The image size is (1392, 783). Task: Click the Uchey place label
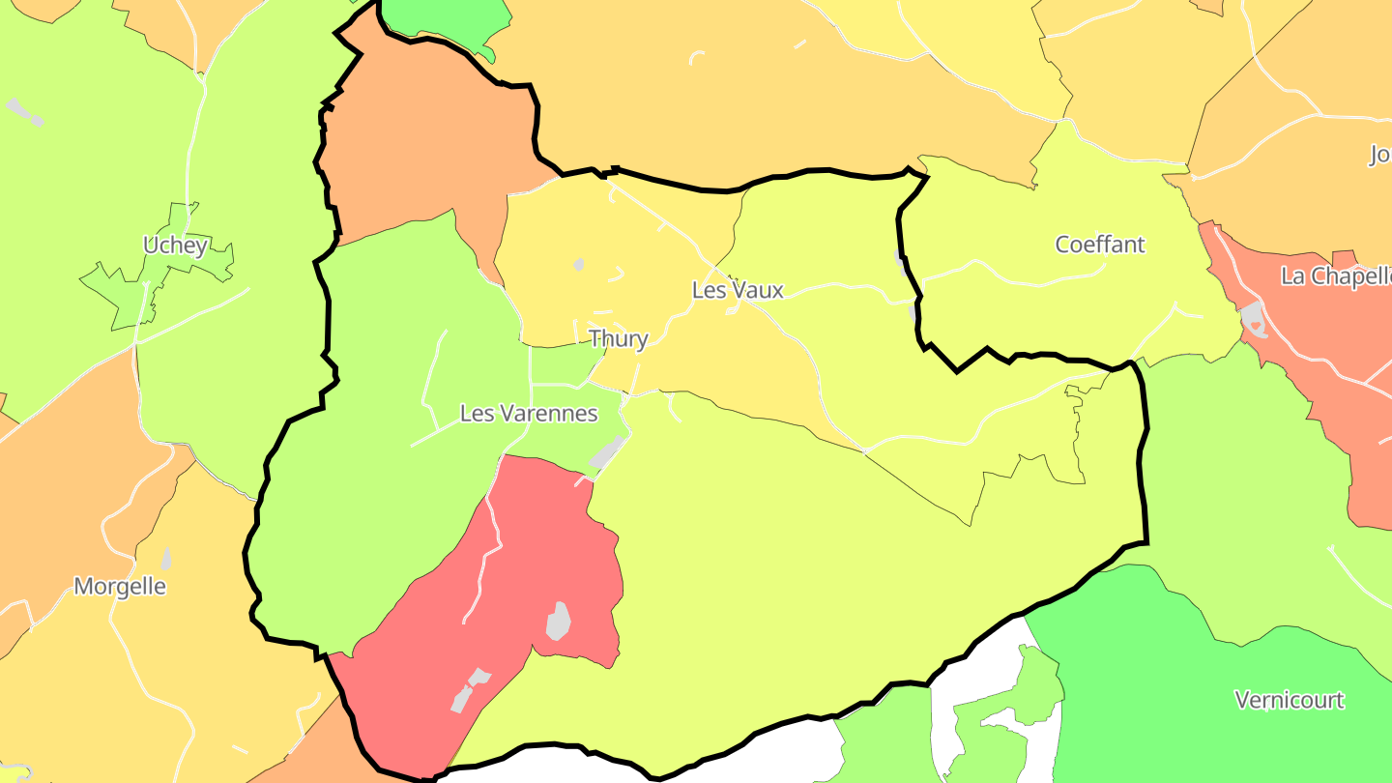coord(175,246)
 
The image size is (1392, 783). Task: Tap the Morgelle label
coord(120,587)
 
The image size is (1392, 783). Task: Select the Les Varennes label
coord(529,414)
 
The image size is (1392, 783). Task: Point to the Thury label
coord(619,338)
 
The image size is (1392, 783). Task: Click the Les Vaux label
coord(738,290)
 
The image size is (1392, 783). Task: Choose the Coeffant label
coord(1100,245)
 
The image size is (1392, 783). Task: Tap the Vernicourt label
coord(1290,700)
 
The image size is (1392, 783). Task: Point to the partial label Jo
coord(1379,155)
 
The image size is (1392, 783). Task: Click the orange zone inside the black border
coord(425,145)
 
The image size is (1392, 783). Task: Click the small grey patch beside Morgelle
coord(166,559)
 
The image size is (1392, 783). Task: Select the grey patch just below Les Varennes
coord(606,451)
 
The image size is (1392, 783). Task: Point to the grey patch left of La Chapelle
coord(1253,318)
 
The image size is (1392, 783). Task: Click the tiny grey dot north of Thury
coord(579,264)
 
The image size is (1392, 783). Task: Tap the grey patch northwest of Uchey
coord(24,110)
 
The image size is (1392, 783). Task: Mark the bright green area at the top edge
coord(445,17)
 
